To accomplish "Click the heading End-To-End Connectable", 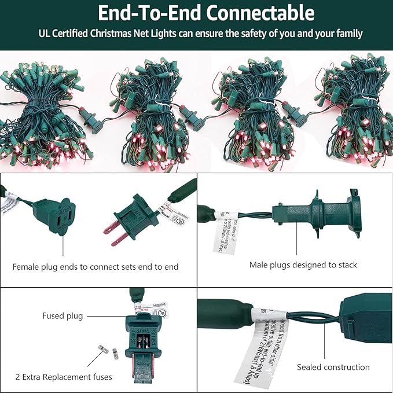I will [205, 13].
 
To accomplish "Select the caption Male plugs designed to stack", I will [303, 265].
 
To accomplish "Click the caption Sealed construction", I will [333, 367].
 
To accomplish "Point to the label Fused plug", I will [63, 316].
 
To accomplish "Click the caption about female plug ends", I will [96, 267].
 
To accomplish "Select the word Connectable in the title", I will [260, 13].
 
